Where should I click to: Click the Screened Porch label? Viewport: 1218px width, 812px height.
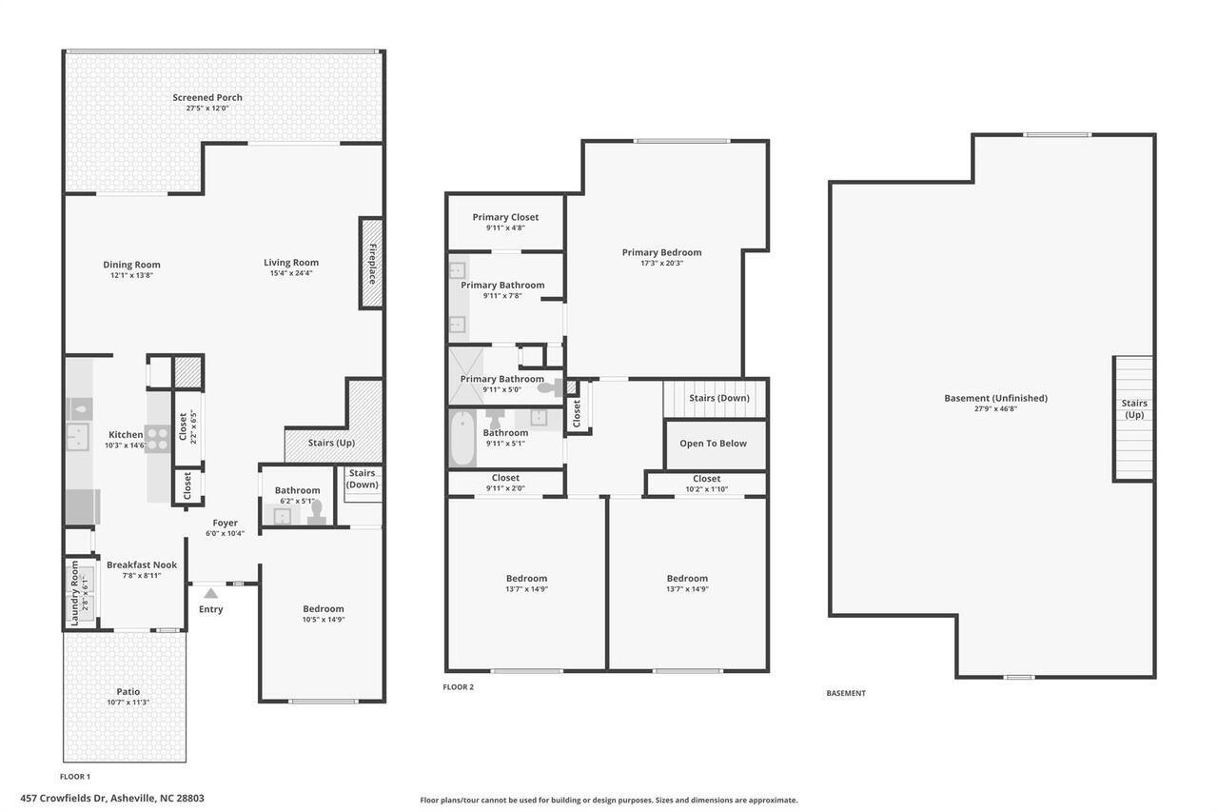click(207, 97)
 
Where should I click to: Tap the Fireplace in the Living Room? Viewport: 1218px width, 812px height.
click(371, 264)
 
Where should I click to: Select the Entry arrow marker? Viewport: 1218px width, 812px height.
click(210, 593)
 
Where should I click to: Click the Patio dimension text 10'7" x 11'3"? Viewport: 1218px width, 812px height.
click(128, 703)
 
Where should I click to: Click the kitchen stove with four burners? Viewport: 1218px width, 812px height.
click(156, 437)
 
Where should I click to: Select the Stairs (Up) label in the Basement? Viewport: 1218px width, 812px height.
click(1133, 409)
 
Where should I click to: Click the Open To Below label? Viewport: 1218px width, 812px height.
click(713, 444)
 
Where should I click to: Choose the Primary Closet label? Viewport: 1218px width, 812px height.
click(505, 217)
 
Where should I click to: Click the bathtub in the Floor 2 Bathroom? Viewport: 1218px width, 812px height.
click(462, 438)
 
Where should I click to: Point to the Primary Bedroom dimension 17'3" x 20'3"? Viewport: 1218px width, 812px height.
click(661, 264)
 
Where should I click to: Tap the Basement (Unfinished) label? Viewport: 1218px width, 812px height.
click(995, 398)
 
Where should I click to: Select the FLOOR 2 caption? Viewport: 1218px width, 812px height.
click(458, 686)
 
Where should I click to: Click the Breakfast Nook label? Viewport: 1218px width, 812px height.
click(142, 564)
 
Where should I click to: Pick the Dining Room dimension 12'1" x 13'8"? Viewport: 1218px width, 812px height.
click(131, 275)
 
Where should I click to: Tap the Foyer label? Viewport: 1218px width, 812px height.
click(225, 523)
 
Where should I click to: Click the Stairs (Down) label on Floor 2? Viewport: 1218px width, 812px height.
click(718, 398)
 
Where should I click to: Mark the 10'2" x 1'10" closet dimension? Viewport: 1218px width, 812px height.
click(706, 489)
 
